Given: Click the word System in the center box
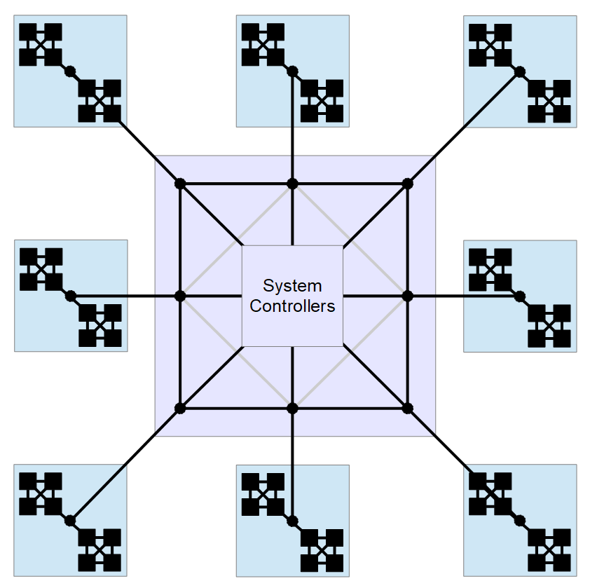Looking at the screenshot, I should (292, 286).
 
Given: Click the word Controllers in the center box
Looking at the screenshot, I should (292, 306).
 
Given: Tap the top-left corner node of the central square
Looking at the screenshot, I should (180, 184).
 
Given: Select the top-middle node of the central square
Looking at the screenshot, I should (293, 184).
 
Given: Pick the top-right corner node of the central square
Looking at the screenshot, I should (406, 184).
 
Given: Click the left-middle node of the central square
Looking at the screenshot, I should (180, 296).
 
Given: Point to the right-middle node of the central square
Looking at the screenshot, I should (406, 296).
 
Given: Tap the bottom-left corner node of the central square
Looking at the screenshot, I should (180, 408).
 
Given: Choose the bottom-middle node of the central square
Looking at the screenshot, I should (293, 408).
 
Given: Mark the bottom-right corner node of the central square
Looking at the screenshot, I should (406, 408).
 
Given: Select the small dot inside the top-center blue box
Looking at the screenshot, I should (293, 71).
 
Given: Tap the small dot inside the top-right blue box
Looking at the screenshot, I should (519, 71).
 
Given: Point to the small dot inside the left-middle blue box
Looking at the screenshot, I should (70, 296).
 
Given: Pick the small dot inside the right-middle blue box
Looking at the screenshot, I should (519, 296).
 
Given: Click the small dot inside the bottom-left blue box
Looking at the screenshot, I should (70, 520).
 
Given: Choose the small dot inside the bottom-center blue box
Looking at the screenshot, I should (293, 520).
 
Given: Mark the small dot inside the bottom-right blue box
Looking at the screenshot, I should (519, 520).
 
